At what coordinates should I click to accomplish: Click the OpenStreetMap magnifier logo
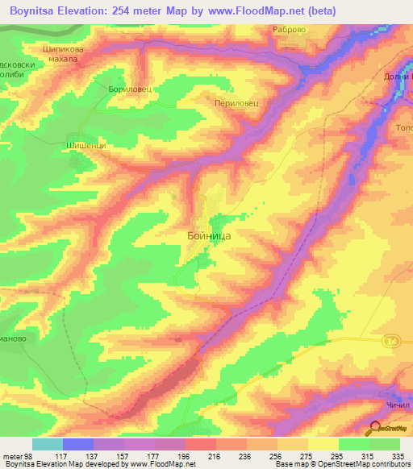376,428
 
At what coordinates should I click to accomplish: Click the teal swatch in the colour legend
48,444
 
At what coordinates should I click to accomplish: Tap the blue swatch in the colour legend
78,444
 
